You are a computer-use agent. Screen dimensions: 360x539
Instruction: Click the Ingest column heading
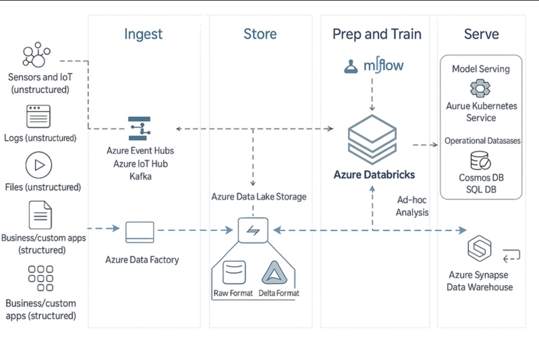click(143, 34)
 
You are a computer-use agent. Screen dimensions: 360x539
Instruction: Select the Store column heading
click(260, 34)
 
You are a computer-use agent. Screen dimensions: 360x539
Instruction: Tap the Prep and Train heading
click(376, 34)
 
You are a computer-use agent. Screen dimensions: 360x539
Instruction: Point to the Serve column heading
click(481, 34)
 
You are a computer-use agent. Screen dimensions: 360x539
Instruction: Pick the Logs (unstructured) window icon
click(38, 116)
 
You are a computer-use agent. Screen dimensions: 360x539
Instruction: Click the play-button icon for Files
click(38, 165)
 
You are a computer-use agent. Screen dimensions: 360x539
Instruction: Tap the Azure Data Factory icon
click(140, 232)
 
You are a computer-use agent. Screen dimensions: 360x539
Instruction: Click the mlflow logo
click(373, 66)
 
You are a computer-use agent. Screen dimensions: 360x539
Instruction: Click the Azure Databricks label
click(374, 175)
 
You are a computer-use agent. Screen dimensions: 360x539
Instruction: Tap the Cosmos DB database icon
click(480, 161)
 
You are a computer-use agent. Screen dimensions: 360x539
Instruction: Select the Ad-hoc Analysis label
click(412, 206)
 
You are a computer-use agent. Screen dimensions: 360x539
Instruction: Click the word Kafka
click(140, 176)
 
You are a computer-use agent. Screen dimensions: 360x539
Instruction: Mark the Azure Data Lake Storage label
click(259, 197)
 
